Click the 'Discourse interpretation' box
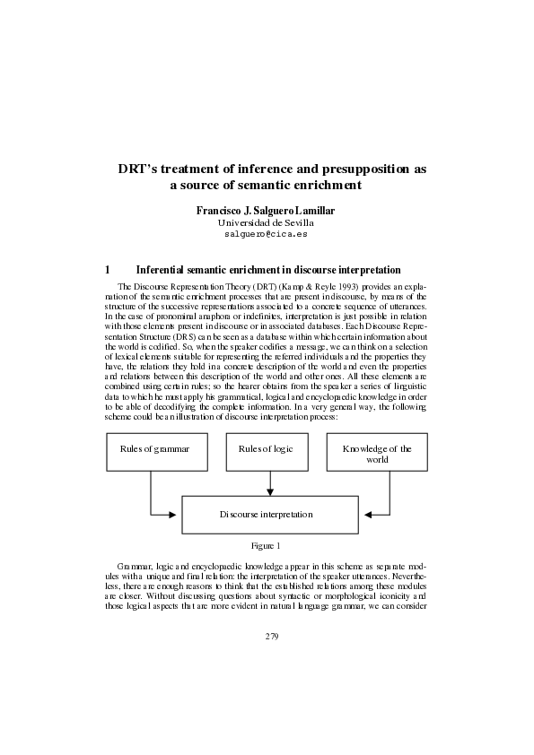(x=267, y=515)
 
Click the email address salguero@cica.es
(x=266, y=232)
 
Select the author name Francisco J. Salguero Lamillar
(x=266, y=210)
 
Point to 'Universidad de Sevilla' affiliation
(x=266, y=221)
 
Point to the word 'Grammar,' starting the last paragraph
(x=136, y=569)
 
